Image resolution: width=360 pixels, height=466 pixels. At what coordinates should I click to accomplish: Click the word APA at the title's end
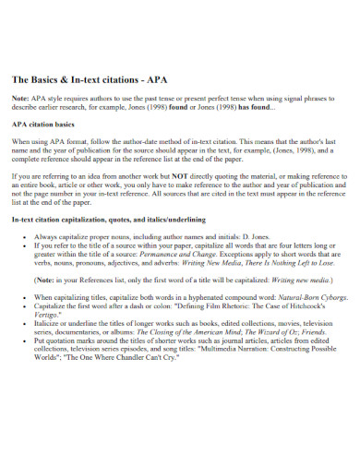[154, 78]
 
